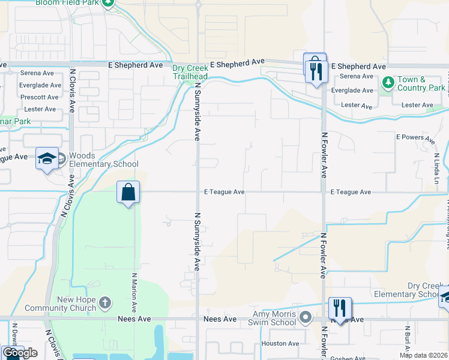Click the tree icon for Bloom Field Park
(x=108, y=3)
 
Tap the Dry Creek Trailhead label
(x=190, y=72)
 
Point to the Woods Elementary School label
(x=103, y=160)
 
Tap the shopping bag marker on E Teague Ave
(x=128, y=193)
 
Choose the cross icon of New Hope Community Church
(x=105, y=302)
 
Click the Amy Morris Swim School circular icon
(x=306, y=316)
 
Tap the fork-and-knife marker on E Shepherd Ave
(x=315, y=71)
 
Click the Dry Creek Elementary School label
(x=407, y=290)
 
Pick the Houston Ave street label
(x=280, y=344)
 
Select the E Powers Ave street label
(x=415, y=138)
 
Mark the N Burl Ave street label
(x=406, y=339)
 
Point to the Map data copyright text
(x=423, y=355)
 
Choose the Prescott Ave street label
(x=40, y=97)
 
